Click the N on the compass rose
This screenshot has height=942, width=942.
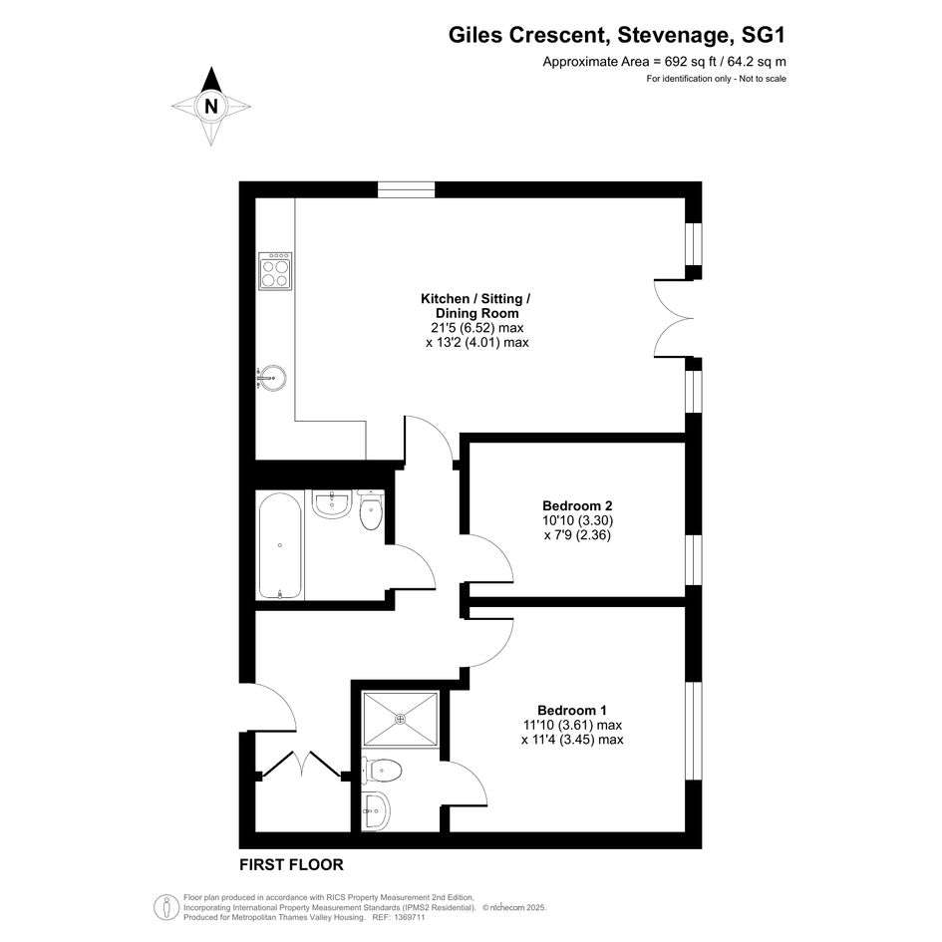pos(211,107)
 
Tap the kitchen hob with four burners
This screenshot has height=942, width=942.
pos(275,271)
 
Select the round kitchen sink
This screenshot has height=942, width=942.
pos(272,379)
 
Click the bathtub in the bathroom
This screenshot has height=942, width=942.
pos(280,546)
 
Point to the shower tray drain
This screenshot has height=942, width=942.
pos(400,718)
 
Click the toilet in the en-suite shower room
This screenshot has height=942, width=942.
pos(382,770)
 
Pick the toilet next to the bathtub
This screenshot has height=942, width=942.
pos(371,510)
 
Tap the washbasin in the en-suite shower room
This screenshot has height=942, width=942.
pos(376,809)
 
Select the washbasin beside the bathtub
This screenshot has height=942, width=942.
pos(332,503)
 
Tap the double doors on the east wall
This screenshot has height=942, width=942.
pos(674,318)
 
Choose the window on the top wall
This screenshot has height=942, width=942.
pos(406,189)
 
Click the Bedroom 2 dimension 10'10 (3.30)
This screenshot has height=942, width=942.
pos(569,520)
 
